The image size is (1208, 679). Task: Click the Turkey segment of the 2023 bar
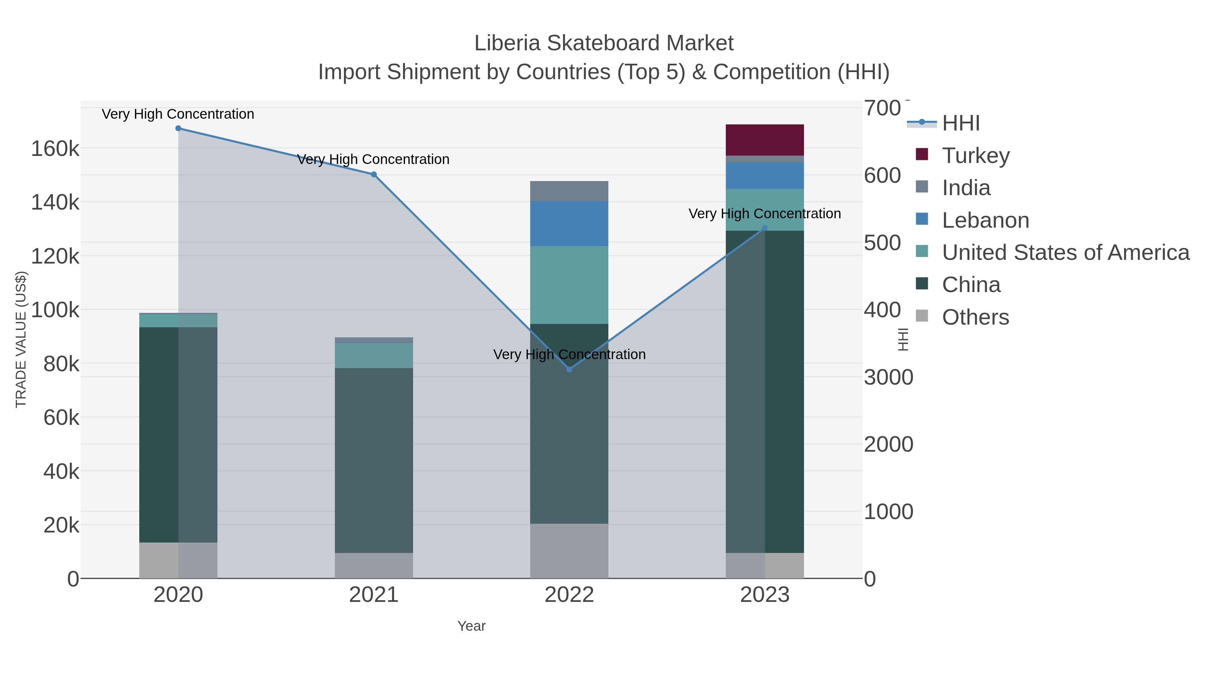coord(764,139)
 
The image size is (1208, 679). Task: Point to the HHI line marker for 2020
coord(178,128)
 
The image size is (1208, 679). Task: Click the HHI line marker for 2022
coord(569,369)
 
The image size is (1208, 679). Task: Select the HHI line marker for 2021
coord(374,174)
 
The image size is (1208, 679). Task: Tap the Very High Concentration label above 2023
coord(764,214)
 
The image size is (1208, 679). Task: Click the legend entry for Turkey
coord(975,155)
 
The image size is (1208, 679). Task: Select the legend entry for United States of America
coord(1064,252)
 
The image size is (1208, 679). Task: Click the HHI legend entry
coord(960,123)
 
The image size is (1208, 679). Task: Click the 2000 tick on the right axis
coord(888,444)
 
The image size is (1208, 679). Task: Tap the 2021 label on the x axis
coord(374,595)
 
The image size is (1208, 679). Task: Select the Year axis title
coord(471,626)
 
